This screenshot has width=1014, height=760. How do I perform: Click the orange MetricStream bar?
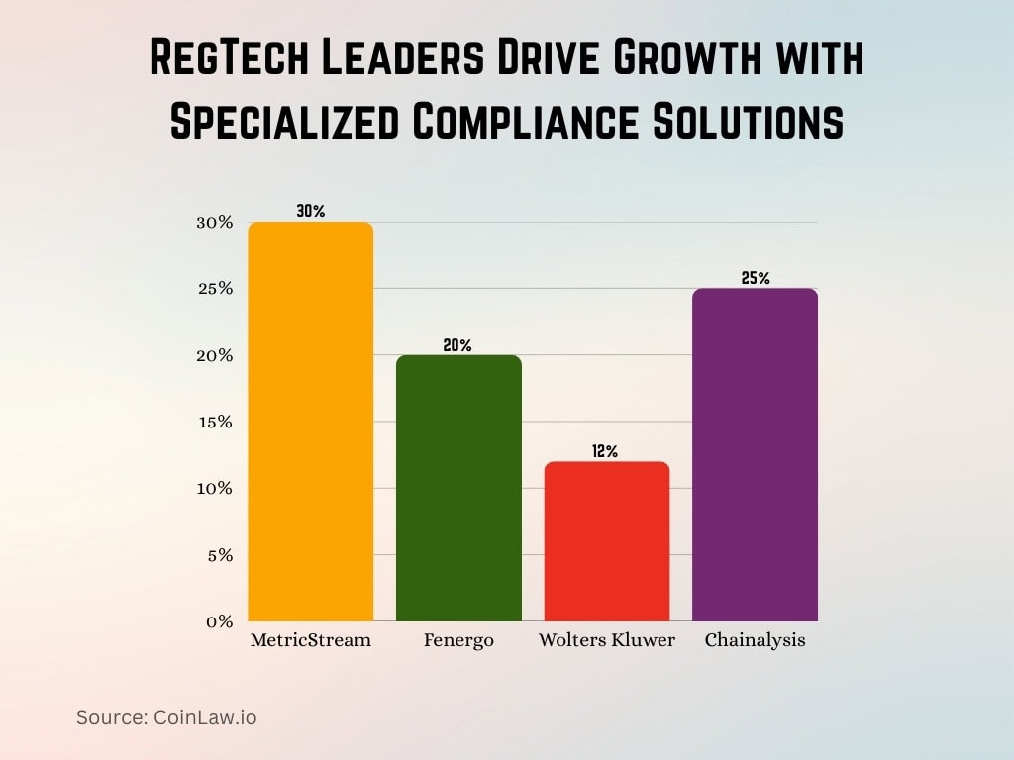(311, 423)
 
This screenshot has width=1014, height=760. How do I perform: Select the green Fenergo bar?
(458, 488)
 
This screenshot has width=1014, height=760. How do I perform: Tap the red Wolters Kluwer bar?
(606, 541)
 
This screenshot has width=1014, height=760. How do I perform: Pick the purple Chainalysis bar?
(755, 455)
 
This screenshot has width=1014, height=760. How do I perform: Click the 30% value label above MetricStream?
(310, 211)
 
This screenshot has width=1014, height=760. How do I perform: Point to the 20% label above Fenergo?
(457, 345)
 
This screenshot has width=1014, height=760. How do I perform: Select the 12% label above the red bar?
(605, 451)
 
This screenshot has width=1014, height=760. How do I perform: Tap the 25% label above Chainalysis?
(755, 278)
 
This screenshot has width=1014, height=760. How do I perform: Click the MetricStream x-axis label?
(310, 640)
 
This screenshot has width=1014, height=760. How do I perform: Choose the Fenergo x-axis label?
(458, 640)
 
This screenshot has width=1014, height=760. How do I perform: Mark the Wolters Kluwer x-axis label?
(606, 640)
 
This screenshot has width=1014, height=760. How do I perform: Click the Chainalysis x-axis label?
(755, 640)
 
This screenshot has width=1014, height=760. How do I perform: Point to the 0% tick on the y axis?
(219, 621)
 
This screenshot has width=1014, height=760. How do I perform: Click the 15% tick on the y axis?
(215, 422)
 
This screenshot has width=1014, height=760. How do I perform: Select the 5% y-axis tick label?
(219, 555)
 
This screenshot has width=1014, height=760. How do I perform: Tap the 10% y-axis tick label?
(215, 488)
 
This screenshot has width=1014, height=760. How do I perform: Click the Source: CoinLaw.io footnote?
(166, 717)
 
